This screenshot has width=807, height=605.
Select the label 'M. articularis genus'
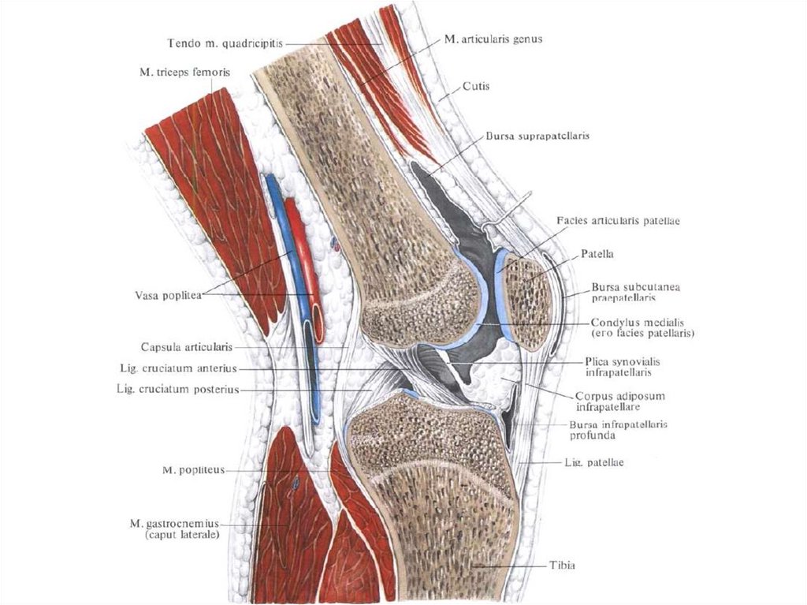[x=493, y=39]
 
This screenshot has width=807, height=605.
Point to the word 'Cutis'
[x=476, y=86]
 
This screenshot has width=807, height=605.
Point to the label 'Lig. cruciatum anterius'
[x=175, y=368]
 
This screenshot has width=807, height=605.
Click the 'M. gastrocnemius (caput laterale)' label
[x=174, y=528]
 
